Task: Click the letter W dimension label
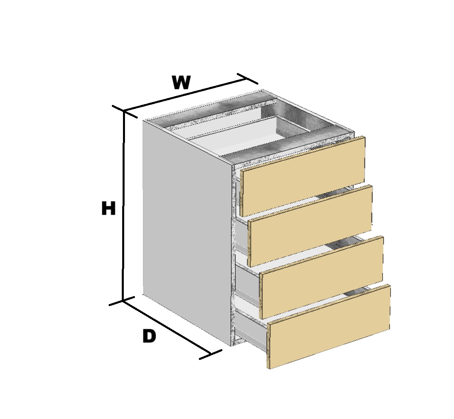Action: click(x=181, y=82)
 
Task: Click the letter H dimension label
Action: click(x=109, y=208)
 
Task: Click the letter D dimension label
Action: click(x=149, y=336)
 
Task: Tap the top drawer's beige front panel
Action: click(x=303, y=176)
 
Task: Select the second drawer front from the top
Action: click(x=310, y=226)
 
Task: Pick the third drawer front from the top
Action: click(x=321, y=277)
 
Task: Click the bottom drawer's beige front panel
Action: click(x=329, y=326)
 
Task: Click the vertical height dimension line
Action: click(x=124, y=206)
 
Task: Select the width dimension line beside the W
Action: click(x=186, y=95)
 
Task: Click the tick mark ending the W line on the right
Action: click(x=248, y=79)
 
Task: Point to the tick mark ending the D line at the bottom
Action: click(x=210, y=354)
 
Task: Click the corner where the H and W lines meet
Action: click(x=124, y=111)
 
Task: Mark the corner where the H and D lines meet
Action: click(x=123, y=300)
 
